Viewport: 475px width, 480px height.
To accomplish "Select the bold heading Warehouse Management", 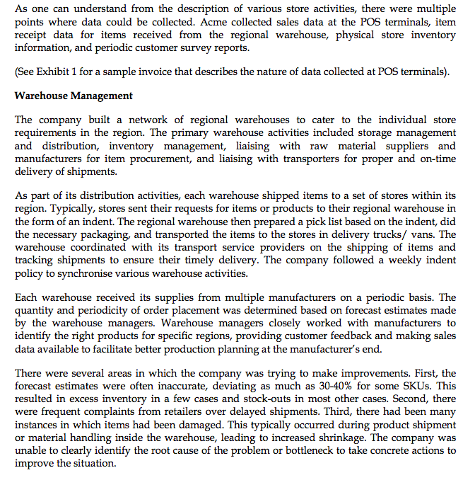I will point(74,96).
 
